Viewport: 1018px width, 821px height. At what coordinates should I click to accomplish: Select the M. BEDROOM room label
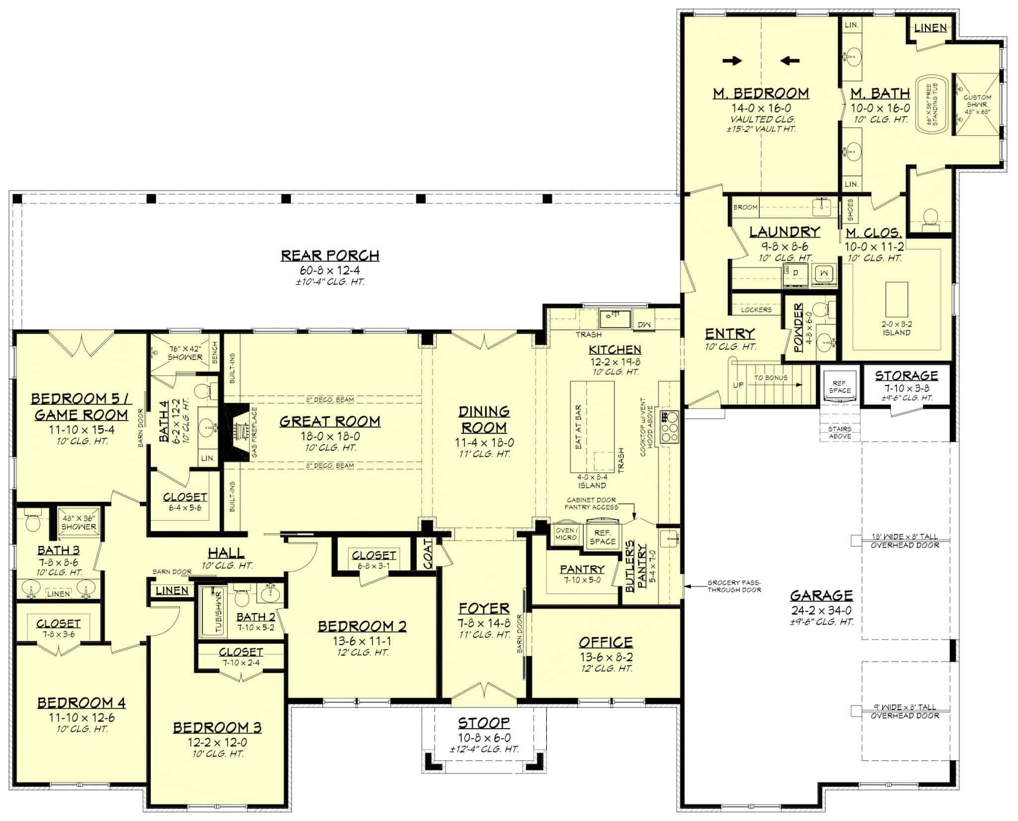click(761, 93)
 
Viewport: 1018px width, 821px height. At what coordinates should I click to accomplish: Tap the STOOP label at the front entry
click(484, 722)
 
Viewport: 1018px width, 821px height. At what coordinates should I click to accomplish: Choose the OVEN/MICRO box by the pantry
click(566, 534)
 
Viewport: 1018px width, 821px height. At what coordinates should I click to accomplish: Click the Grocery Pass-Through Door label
click(734, 586)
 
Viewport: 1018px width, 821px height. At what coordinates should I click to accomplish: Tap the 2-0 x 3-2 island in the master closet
click(897, 296)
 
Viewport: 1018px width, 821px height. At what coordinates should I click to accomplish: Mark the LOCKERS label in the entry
click(757, 310)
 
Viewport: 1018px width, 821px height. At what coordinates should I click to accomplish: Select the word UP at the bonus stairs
click(739, 385)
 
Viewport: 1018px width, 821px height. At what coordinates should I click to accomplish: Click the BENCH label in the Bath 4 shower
click(215, 352)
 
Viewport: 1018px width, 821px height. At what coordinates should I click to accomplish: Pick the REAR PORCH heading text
click(330, 255)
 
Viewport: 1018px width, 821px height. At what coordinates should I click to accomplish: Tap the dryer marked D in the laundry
click(795, 273)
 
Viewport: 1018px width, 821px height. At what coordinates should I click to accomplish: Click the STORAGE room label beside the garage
click(906, 375)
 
